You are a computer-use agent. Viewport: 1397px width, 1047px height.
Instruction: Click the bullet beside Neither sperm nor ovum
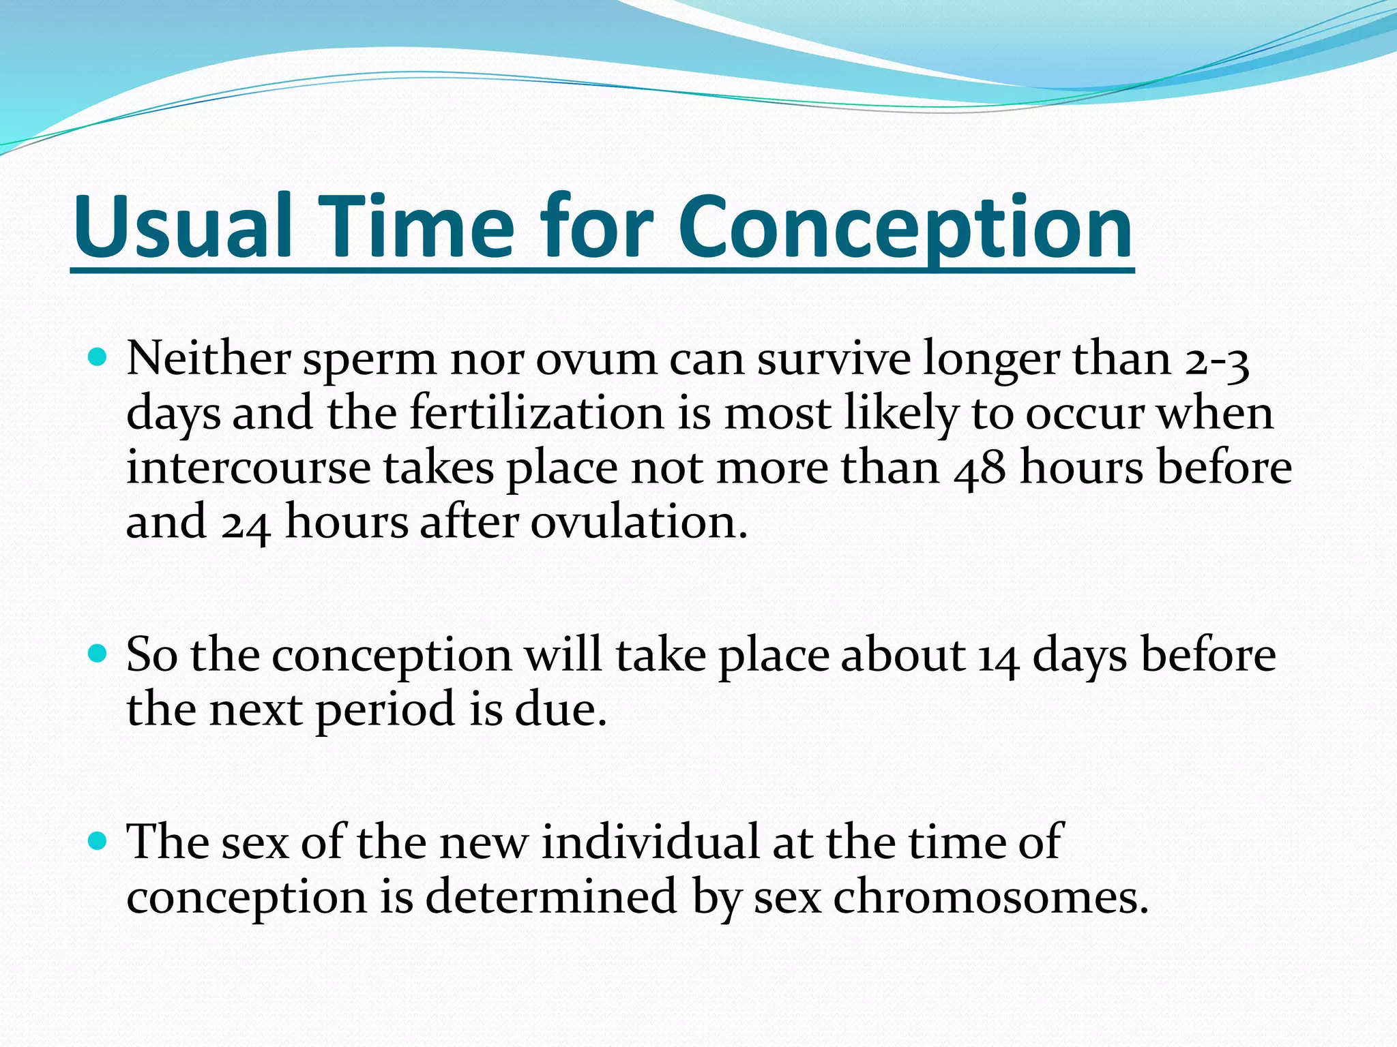click(x=98, y=356)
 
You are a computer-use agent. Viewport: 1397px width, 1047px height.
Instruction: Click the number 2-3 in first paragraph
click(x=1218, y=359)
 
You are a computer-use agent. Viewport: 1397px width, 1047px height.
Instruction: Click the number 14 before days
click(x=998, y=656)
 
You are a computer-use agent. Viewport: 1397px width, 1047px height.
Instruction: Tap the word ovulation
click(x=638, y=523)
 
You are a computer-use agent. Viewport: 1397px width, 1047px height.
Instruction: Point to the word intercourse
click(x=248, y=468)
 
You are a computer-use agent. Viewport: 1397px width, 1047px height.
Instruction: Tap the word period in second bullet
click(x=385, y=710)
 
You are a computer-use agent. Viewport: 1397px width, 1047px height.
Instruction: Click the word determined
click(x=551, y=896)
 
